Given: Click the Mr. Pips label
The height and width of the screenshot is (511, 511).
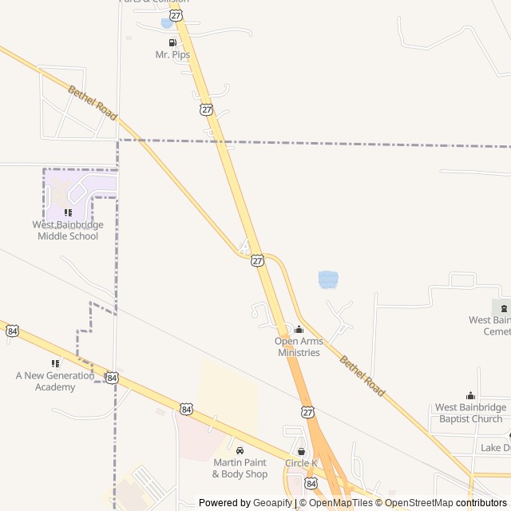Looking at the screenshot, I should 172,54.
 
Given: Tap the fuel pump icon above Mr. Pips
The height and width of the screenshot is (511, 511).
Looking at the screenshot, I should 172,42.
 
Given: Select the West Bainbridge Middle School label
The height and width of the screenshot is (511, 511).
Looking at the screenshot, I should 68,230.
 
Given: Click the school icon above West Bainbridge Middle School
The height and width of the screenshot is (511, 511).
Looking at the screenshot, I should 68,212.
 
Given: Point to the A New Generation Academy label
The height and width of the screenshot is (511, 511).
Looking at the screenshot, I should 56,381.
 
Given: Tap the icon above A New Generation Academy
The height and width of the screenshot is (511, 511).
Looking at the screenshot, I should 55,363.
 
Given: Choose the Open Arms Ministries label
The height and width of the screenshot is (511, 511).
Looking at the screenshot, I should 299,347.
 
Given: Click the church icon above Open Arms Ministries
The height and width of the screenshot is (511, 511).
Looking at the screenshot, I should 299,330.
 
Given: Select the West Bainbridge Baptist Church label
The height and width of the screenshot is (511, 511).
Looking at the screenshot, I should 469,413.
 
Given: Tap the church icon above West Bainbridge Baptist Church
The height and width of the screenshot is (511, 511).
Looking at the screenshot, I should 470,396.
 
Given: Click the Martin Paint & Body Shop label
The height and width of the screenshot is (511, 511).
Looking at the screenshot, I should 240,468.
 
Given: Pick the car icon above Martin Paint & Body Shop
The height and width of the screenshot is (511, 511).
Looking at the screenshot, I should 240,450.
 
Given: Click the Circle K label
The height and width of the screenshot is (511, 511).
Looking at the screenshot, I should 301,463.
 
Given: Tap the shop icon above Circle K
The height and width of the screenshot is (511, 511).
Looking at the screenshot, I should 301,452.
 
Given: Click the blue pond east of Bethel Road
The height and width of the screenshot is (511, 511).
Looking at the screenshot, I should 328,279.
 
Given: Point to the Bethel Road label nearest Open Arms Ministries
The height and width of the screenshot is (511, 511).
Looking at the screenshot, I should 362,376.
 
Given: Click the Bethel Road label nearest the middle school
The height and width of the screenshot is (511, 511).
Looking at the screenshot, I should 93,103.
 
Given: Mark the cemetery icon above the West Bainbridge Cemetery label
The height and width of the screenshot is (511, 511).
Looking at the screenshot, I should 503,308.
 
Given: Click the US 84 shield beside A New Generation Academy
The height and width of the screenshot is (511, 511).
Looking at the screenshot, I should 112,377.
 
